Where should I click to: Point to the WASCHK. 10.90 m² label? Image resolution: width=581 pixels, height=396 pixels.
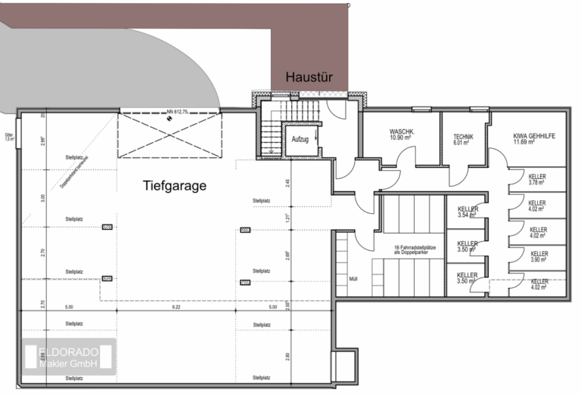pyautogui.click(x=401, y=134)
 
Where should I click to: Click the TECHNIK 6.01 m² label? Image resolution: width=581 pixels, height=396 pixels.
pyautogui.click(x=463, y=138)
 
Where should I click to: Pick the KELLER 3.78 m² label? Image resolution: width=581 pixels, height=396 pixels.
pyautogui.click(x=537, y=178)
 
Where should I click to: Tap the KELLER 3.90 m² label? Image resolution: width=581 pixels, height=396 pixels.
pyautogui.click(x=539, y=257)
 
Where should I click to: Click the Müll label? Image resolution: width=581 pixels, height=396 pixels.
pyautogui.click(x=353, y=279)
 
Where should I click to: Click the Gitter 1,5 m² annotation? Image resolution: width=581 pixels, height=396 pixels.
pyautogui.click(x=8, y=137)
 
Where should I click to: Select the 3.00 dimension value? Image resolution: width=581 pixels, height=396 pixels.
pyautogui.click(x=43, y=198)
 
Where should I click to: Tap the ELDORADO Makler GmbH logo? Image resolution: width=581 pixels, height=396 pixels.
pyautogui.click(x=68, y=357)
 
